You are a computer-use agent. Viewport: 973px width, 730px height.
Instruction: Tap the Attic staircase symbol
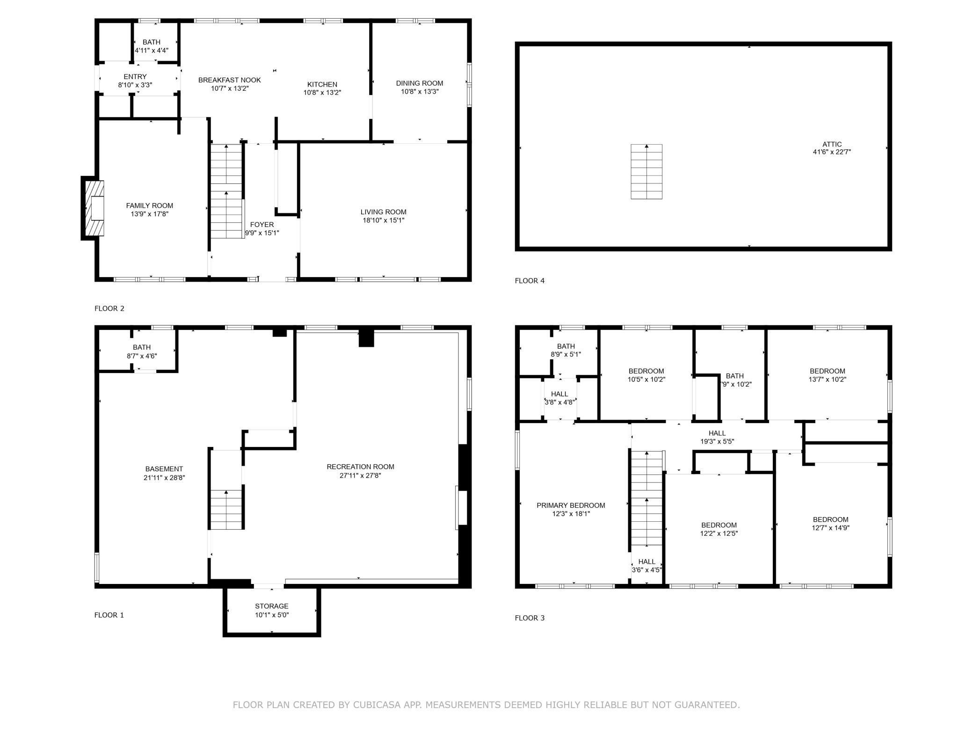pyautogui.click(x=646, y=172)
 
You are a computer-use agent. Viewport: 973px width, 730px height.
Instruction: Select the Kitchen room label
pyautogui.click(x=322, y=85)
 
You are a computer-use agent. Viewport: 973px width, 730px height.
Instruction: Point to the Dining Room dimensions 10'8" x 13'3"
pyautogui.click(x=420, y=92)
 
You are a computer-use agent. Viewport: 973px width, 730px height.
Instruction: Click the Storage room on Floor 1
pyautogui.click(x=272, y=610)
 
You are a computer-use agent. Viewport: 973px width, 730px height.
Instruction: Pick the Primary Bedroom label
pyautogui.click(x=571, y=505)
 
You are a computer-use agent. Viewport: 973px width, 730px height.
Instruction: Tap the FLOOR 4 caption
pyautogui.click(x=530, y=281)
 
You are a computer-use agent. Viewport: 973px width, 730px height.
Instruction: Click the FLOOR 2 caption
pyautogui.click(x=109, y=308)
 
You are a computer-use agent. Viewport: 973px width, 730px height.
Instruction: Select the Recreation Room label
pyautogui.click(x=361, y=467)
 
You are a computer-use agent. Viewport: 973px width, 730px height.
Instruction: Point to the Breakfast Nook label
pyautogui.click(x=230, y=80)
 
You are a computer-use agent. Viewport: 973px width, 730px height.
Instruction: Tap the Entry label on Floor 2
pyautogui.click(x=135, y=76)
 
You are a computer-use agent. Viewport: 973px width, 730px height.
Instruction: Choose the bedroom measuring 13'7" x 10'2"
pyautogui.click(x=827, y=374)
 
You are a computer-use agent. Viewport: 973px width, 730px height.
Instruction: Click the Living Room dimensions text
pyautogui.click(x=384, y=220)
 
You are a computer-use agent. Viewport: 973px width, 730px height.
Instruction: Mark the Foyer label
pyautogui.click(x=262, y=225)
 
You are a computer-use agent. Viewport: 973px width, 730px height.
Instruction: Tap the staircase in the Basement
pyautogui.click(x=226, y=509)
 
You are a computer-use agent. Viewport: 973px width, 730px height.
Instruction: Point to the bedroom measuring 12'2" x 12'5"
pyautogui.click(x=719, y=529)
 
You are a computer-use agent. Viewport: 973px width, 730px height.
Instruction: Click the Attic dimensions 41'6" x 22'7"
pyautogui.click(x=832, y=152)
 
